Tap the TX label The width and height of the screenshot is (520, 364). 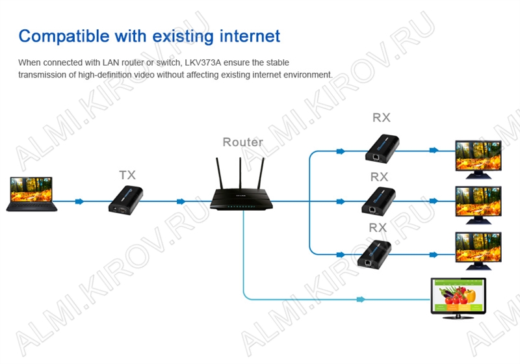127,175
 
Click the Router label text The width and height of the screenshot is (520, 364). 242,142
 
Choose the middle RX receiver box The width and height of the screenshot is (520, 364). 378,201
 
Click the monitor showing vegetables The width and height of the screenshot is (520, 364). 458,296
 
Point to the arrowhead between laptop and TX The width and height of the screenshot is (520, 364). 79,201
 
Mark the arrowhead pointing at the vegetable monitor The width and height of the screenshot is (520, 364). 359,300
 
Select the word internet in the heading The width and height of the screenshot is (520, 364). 242,35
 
